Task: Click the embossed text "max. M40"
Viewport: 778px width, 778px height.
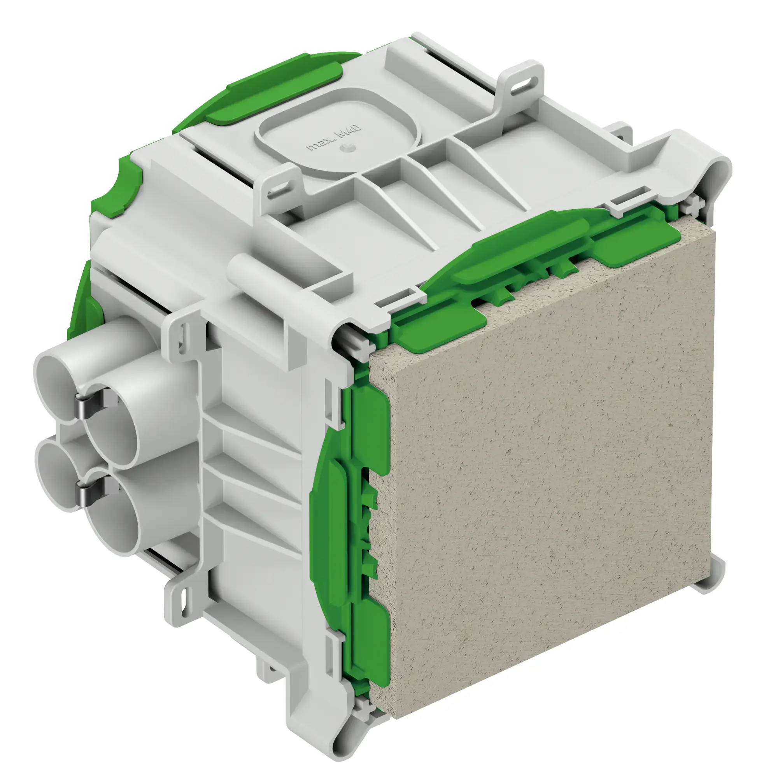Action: (334, 138)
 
